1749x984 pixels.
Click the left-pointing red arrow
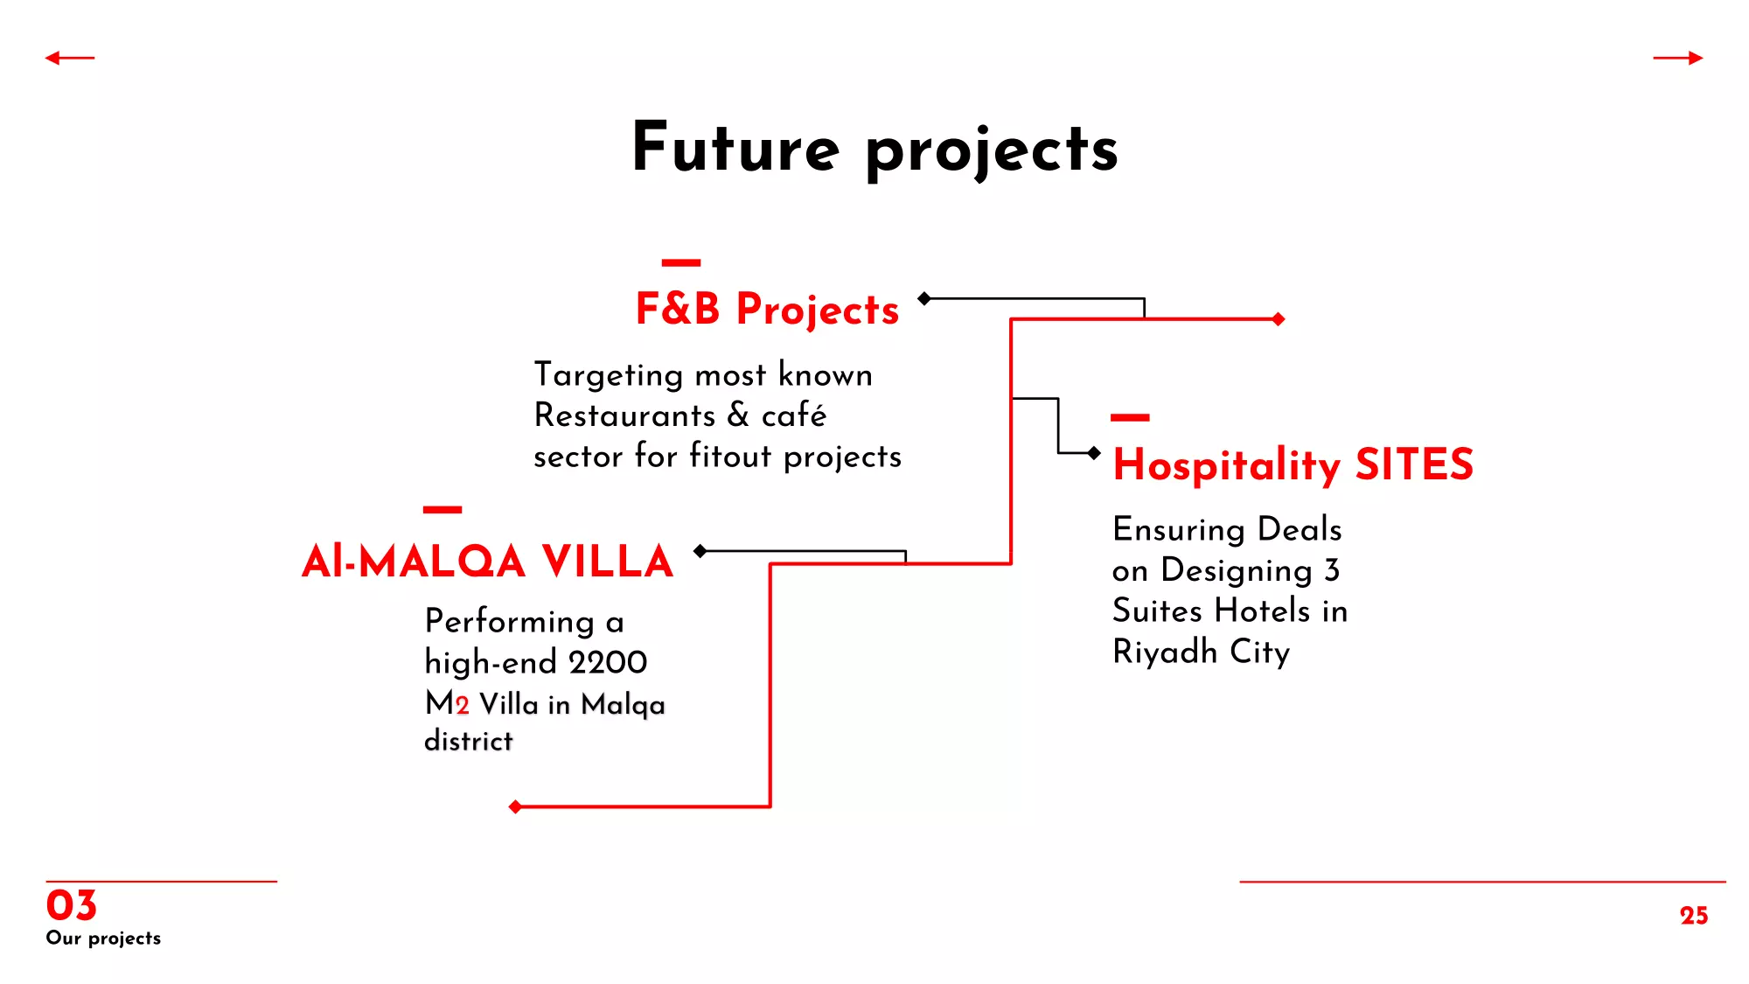click(70, 58)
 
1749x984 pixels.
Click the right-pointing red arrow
click(1678, 58)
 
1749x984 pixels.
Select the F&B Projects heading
click(767, 309)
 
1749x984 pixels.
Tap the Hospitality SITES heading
click(1293, 464)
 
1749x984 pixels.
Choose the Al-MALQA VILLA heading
click(487, 562)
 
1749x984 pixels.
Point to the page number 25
click(1694, 915)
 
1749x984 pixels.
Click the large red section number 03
click(71, 905)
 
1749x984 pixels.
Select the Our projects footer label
click(103, 939)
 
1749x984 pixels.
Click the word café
click(793, 415)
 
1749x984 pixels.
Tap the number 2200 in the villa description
click(608, 662)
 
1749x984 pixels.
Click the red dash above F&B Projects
click(681, 262)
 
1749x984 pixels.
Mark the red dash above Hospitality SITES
click(1130, 418)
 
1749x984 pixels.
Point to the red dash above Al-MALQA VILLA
click(442, 509)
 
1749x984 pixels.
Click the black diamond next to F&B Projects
click(924, 298)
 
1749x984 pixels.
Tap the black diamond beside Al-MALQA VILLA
click(700, 551)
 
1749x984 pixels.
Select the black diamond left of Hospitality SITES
click(1094, 453)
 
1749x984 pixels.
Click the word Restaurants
click(624, 415)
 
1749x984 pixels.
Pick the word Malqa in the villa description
click(623, 705)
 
